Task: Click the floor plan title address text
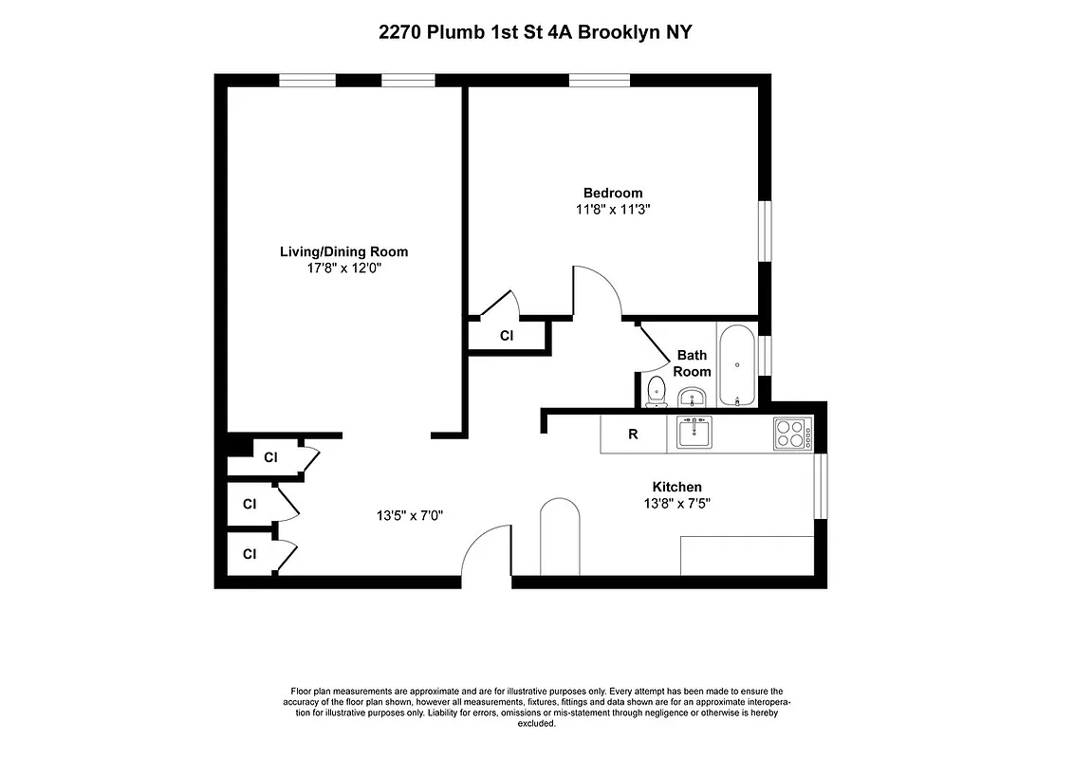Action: (x=536, y=32)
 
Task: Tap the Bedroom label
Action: (x=612, y=194)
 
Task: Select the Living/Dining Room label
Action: (x=343, y=251)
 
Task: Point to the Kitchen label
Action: (x=676, y=487)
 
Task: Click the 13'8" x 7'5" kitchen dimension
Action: (x=676, y=504)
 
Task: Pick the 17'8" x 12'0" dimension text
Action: (x=343, y=268)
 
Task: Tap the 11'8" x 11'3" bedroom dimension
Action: (x=612, y=210)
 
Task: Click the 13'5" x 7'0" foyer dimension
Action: (x=410, y=516)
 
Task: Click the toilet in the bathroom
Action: (x=656, y=391)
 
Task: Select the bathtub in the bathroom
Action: (x=737, y=365)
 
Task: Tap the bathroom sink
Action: (x=693, y=396)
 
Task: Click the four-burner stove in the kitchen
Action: (x=792, y=434)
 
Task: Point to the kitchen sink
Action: (x=695, y=434)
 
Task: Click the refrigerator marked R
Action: (x=633, y=435)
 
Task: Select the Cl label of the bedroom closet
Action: (x=507, y=336)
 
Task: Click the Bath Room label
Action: (x=693, y=363)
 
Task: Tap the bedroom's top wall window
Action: (x=600, y=80)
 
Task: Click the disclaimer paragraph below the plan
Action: (x=536, y=707)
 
